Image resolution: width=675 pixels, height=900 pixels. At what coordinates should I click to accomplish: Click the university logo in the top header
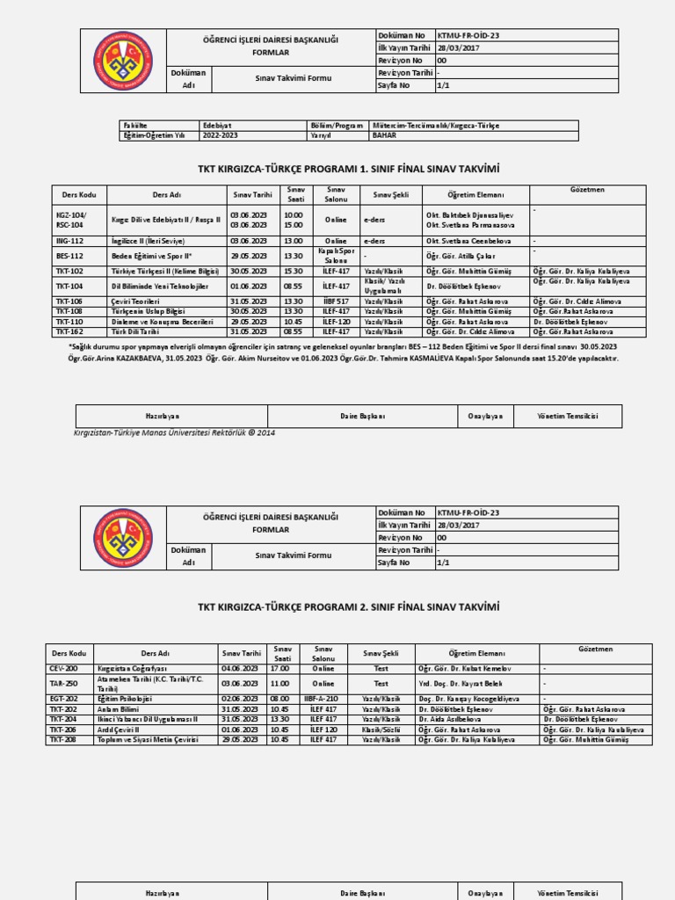[123, 60]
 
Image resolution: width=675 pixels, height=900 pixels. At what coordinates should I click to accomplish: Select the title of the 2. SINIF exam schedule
[348, 606]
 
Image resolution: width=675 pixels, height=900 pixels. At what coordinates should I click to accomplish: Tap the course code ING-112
[69, 240]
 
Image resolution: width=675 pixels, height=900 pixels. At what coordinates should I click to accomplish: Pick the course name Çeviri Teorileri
[137, 301]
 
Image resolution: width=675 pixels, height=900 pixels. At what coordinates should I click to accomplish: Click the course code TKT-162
[69, 332]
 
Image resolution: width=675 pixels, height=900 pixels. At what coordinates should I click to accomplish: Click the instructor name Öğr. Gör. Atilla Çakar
[456, 255]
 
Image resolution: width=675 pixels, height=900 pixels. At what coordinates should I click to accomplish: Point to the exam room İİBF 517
[336, 301]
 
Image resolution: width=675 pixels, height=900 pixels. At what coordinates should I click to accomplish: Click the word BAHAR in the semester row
[384, 136]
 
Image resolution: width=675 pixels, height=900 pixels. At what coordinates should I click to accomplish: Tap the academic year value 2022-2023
[221, 136]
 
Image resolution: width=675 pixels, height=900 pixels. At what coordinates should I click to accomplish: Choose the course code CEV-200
[64, 669]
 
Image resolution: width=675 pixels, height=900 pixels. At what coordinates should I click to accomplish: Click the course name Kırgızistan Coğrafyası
[133, 669]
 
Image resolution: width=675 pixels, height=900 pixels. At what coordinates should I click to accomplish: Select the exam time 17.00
[280, 669]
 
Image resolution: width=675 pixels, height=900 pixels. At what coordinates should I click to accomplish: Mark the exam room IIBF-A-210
[323, 699]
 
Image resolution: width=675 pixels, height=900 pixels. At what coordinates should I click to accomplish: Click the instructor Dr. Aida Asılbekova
[450, 719]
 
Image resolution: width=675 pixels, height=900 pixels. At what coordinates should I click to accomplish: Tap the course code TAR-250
[64, 683]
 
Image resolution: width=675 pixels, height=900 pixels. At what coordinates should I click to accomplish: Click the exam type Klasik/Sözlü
[381, 729]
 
